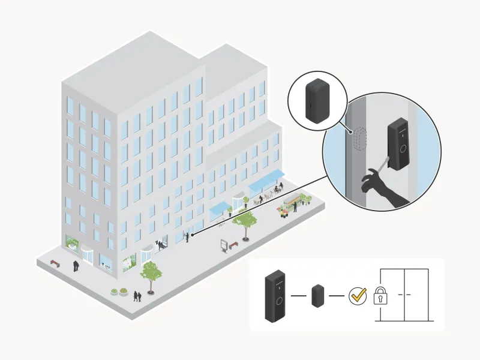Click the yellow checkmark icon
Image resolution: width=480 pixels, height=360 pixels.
point(359,295)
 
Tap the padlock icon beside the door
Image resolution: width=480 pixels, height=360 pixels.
point(380,296)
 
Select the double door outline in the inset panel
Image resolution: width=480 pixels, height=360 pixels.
point(406,295)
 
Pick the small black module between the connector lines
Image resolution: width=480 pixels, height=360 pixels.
point(317,296)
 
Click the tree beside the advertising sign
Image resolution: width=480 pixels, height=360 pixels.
point(245,222)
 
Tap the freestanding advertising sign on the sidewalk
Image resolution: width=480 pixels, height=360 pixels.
point(224,245)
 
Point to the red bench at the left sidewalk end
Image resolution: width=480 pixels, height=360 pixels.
point(55,263)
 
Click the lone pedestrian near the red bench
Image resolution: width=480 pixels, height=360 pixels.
point(76,265)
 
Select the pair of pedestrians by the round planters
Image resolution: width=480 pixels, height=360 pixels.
point(137,296)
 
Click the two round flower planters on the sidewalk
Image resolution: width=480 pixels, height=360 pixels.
point(119,291)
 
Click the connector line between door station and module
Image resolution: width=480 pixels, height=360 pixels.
point(298,296)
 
